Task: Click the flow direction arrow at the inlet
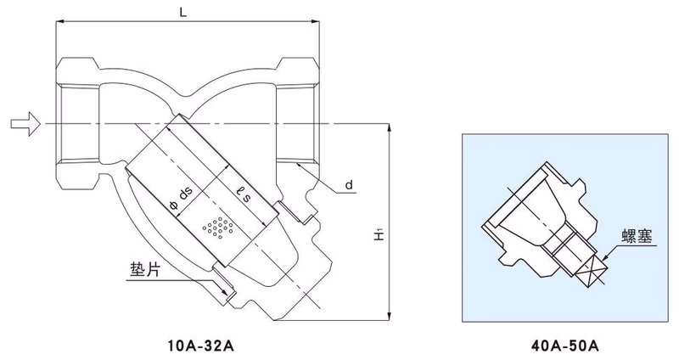(25, 125)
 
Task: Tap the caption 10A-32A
(196, 345)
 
